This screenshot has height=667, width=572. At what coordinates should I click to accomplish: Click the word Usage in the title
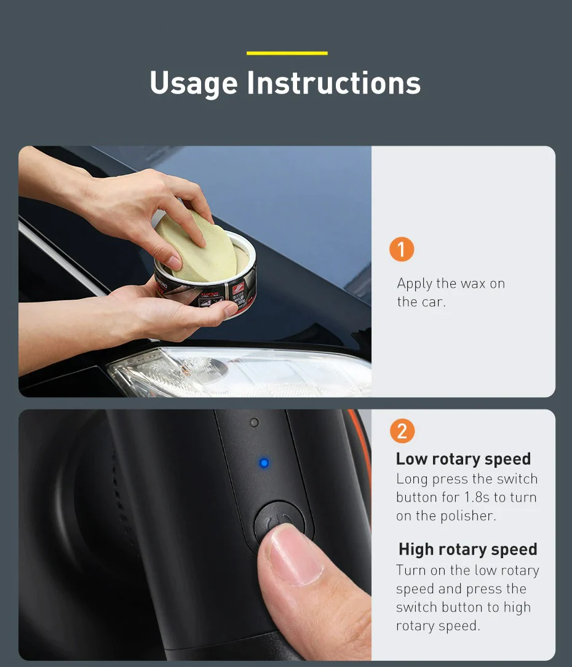click(193, 83)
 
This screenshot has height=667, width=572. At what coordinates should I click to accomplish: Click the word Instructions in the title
click(334, 83)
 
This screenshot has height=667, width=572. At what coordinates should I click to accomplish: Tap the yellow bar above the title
click(287, 53)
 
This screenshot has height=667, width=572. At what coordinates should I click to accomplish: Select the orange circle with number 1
click(402, 250)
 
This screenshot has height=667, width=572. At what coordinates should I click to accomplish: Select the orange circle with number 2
click(402, 430)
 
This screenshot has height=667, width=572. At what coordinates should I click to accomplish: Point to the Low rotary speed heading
click(463, 459)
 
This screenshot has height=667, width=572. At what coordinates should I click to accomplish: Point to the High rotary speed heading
click(467, 549)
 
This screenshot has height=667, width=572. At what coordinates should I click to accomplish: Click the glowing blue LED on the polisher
click(264, 462)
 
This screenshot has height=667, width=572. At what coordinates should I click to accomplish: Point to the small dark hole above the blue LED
click(254, 423)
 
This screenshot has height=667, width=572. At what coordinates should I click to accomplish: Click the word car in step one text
click(433, 302)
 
